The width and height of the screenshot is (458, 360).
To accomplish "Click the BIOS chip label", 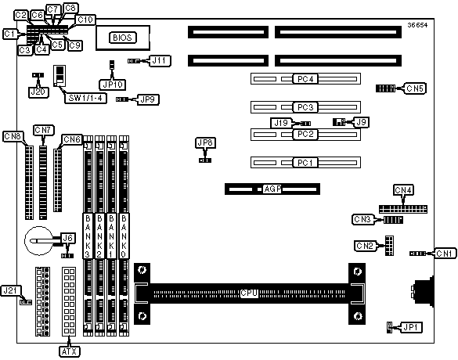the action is click(x=122, y=38).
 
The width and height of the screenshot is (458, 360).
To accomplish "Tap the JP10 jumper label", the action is click(x=113, y=85).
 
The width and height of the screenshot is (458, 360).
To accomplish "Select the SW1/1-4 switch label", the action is click(x=85, y=98).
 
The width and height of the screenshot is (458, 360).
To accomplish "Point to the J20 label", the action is click(x=38, y=92).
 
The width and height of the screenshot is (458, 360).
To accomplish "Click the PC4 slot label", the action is click(x=305, y=79).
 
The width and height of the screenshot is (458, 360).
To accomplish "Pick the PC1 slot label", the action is click(x=305, y=162).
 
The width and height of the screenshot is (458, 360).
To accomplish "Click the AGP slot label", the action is click(x=272, y=189).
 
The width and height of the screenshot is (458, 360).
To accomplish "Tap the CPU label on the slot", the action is click(x=249, y=293).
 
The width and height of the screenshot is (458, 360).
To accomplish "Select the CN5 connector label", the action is click(x=415, y=88).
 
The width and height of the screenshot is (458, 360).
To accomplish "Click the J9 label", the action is click(x=362, y=122).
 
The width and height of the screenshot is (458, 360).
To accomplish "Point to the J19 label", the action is click(x=281, y=123).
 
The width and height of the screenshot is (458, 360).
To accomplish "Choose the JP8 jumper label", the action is click(x=205, y=142).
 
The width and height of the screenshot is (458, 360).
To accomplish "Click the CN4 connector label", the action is click(x=403, y=190).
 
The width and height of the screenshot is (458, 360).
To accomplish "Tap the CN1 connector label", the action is click(x=445, y=254).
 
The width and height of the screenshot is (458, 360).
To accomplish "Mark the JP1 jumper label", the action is click(x=411, y=328).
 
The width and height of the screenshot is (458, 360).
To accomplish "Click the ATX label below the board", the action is click(x=69, y=351).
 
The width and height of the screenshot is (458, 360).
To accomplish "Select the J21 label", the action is click(x=10, y=290).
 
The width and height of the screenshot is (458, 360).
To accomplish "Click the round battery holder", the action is click(x=39, y=240).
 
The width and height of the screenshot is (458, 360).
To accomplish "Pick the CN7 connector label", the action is click(x=44, y=130).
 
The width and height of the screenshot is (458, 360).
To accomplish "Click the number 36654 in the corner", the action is click(x=418, y=25).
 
